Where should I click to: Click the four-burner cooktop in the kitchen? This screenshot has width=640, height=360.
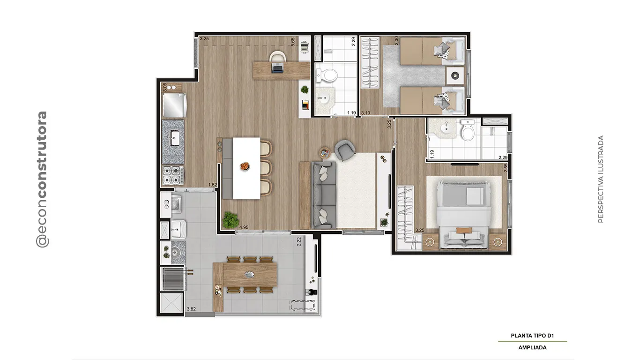point(173,175)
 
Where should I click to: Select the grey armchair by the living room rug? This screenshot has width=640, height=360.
point(345,150)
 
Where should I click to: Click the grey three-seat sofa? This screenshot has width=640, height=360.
point(324,195)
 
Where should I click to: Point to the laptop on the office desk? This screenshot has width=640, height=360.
point(277,68)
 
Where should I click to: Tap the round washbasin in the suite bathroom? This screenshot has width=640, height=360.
point(445,129)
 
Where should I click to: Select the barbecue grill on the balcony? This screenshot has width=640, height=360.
point(173,278)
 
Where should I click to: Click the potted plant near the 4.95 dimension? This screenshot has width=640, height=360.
point(231,219)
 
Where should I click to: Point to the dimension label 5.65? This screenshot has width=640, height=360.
point(293,42)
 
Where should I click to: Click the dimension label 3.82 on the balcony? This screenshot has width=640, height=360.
point(192,309)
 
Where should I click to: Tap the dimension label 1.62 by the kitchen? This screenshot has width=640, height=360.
point(213,185)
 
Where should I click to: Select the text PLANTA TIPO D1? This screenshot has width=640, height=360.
point(532,336)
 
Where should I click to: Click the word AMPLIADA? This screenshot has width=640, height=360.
point(532,348)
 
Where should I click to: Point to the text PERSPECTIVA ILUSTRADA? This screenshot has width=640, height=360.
point(601,179)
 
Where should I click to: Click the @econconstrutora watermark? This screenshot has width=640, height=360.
point(42,179)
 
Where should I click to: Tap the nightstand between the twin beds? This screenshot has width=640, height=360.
point(455,75)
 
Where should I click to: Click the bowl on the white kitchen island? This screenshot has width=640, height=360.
point(245,166)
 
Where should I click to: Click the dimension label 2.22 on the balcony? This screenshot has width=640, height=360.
point(299,241)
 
